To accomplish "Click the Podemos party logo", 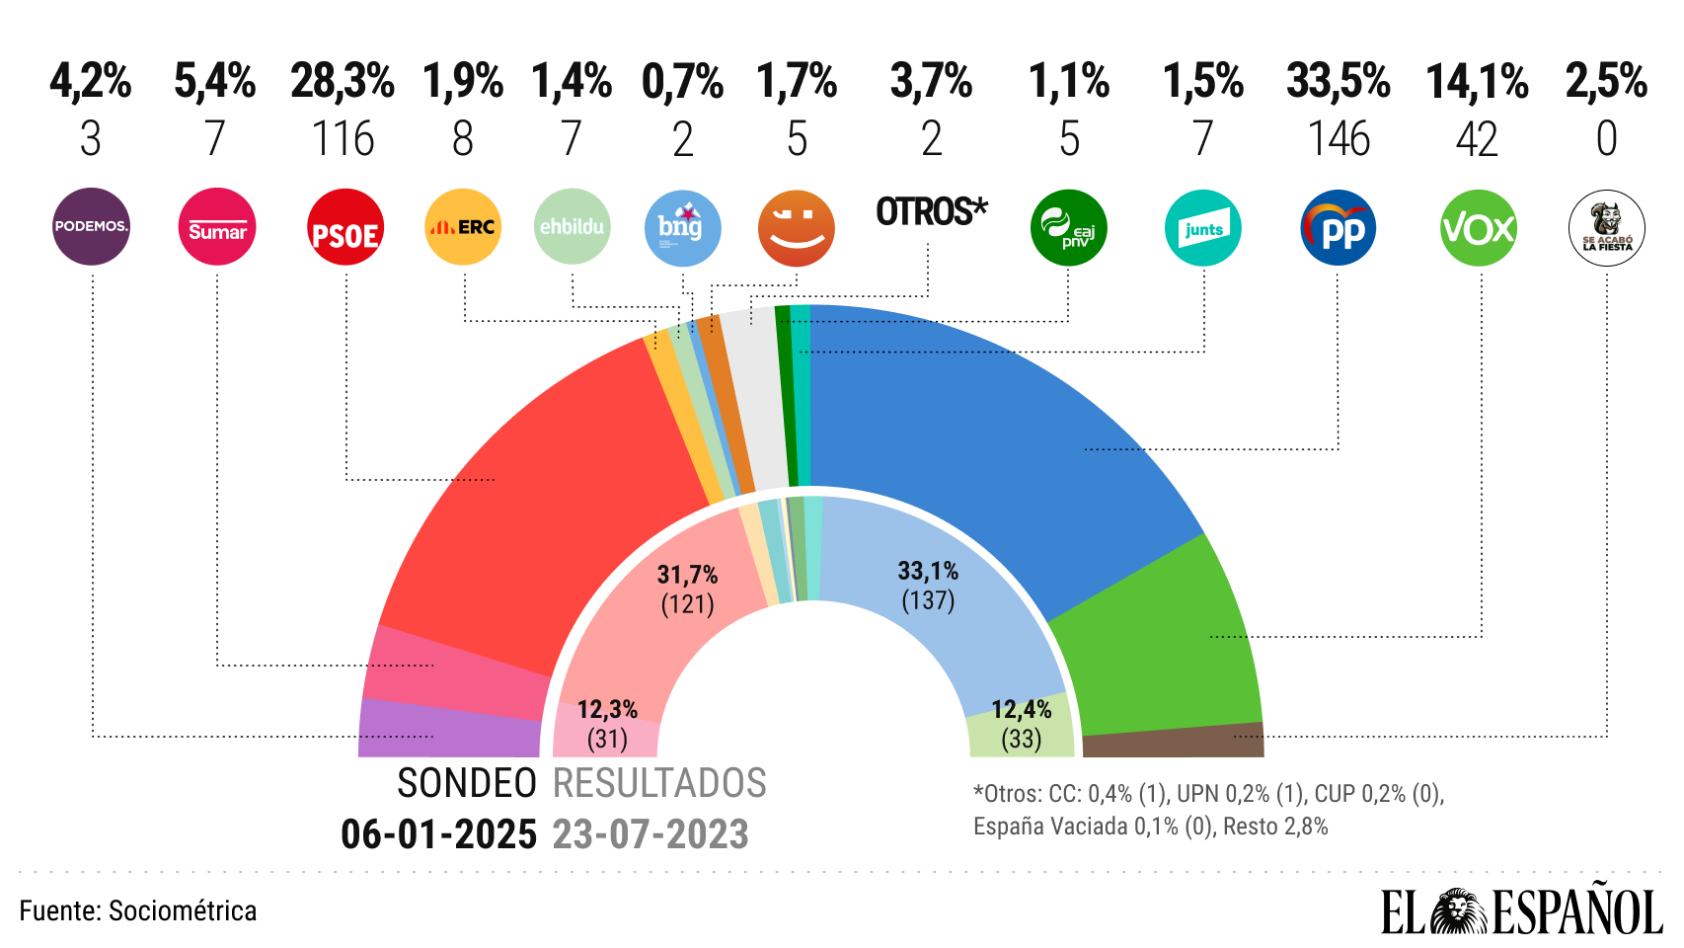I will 91,227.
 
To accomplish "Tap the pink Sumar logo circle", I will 217,227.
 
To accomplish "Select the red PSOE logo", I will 344,227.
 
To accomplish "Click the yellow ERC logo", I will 463,227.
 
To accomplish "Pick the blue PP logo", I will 1339,228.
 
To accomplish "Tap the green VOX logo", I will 1478,228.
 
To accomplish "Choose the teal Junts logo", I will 1203,228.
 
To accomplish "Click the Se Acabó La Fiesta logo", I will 1606,228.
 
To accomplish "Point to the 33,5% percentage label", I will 1339,82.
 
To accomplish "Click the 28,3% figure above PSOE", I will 343,82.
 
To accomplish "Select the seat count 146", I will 1339,139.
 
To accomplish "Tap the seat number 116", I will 343,139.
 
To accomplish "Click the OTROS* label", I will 931,211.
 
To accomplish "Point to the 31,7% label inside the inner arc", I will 687,574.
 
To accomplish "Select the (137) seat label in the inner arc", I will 928,600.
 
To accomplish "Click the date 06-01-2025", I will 438,834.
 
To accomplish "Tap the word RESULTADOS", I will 659,783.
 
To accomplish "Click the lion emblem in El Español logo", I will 1459,911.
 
